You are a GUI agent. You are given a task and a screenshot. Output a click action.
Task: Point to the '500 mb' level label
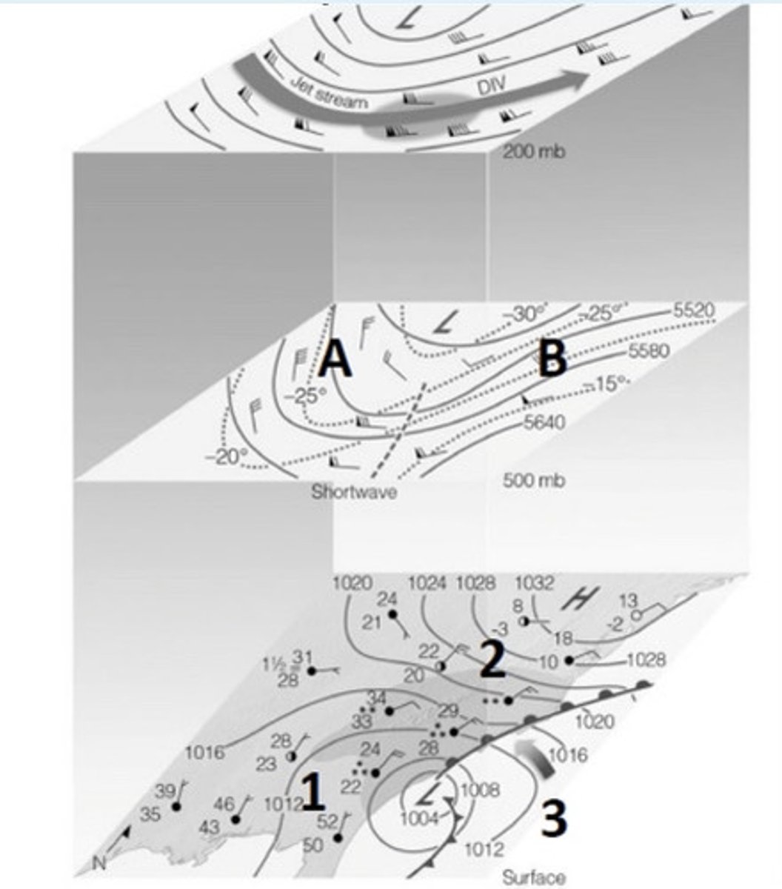[533, 480]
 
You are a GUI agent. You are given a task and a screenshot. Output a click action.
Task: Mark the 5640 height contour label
[544, 423]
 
